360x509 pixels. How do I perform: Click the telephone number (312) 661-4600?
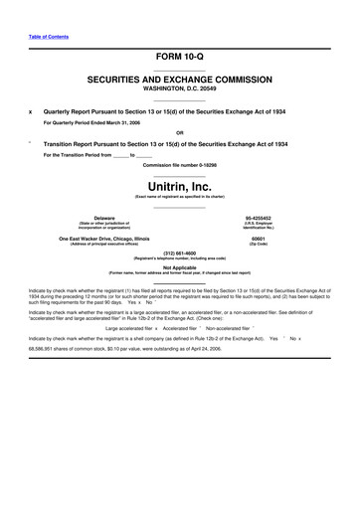(179, 253)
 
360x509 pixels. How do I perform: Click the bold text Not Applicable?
(179, 266)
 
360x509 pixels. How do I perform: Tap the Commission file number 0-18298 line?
(179, 164)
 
